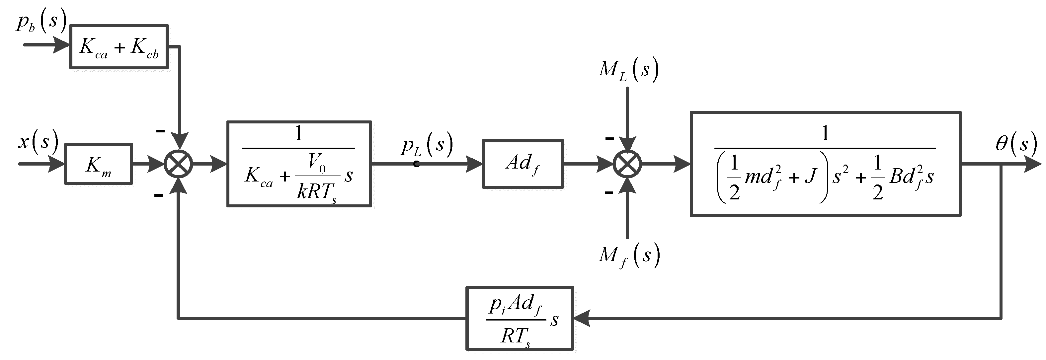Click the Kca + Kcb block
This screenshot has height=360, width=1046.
pos(119,47)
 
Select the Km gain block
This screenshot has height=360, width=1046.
pos(98,164)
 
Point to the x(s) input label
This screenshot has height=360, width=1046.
pos(38,142)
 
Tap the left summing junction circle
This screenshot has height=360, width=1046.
pos(178,164)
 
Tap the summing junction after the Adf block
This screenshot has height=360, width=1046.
pos(627,164)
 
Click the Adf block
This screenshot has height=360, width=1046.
pos(523,164)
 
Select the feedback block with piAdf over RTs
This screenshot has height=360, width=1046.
pos(519,319)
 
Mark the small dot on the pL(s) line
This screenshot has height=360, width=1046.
pos(417,164)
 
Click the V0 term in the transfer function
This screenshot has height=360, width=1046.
pos(317,162)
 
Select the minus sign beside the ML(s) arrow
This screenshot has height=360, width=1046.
pos(609,139)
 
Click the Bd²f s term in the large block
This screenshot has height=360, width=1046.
pos(911,177)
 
